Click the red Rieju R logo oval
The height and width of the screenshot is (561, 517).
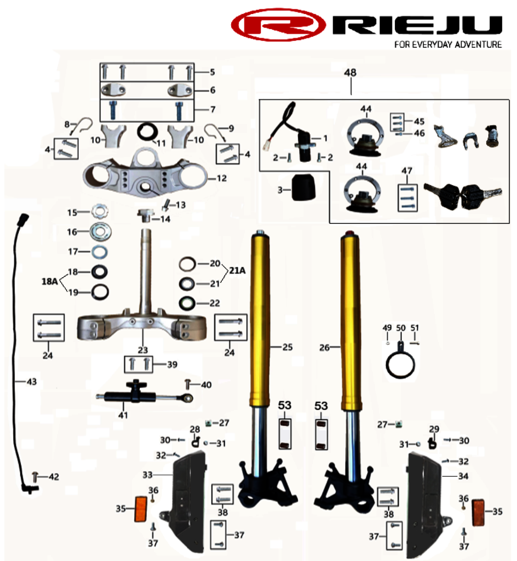click(278, 24)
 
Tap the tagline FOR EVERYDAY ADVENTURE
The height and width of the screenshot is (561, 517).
click(448, 44)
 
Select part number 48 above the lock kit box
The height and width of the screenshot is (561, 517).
click(350, 72)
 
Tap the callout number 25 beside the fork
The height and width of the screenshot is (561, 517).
click(287, 347)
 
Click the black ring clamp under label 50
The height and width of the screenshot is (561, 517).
click(400, 363)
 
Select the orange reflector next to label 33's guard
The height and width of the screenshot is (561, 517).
click(141, 509)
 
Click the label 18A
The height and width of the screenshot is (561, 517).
click(50, 281)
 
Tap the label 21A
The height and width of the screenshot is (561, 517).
click(237, 270)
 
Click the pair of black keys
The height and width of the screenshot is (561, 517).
click(462, 194)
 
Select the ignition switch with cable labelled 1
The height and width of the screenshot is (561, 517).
click(299, 140)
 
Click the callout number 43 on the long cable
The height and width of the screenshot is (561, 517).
click(31, 382)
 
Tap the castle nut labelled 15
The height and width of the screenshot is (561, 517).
click(100, 213)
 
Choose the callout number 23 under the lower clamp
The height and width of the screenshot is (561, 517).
click(143, 350)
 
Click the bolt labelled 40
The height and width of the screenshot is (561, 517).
click(188, 385)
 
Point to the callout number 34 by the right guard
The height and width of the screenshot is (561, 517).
click(463, 476)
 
